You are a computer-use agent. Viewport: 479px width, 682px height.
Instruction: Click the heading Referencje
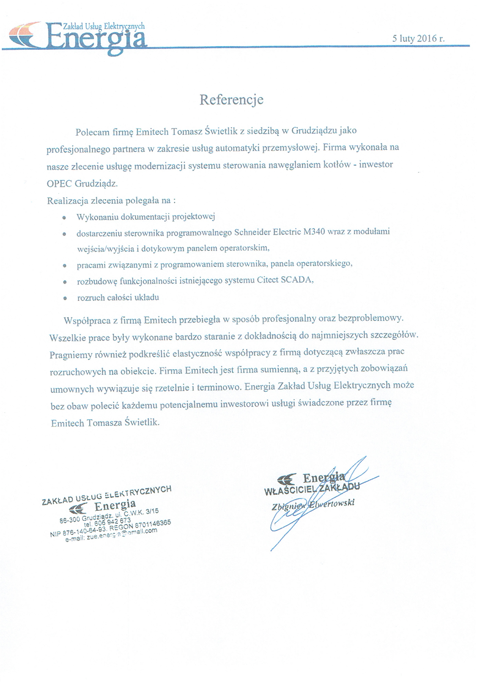tap(231, 100)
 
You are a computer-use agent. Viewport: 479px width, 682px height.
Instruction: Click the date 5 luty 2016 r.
tap(418, 38)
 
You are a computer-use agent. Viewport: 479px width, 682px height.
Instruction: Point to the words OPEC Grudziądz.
tap(82, 183)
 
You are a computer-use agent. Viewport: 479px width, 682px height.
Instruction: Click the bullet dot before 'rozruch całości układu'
tap(64, 298)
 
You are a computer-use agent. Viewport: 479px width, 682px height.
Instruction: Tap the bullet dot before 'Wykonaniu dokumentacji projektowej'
tap(64, 217)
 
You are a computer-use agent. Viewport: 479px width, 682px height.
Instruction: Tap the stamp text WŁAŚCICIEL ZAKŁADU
tap(311, 489)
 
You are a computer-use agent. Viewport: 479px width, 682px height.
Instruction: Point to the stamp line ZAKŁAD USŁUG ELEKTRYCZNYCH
tap(106, 495)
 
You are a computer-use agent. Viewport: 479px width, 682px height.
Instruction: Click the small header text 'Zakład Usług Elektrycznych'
tap(103, 27)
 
